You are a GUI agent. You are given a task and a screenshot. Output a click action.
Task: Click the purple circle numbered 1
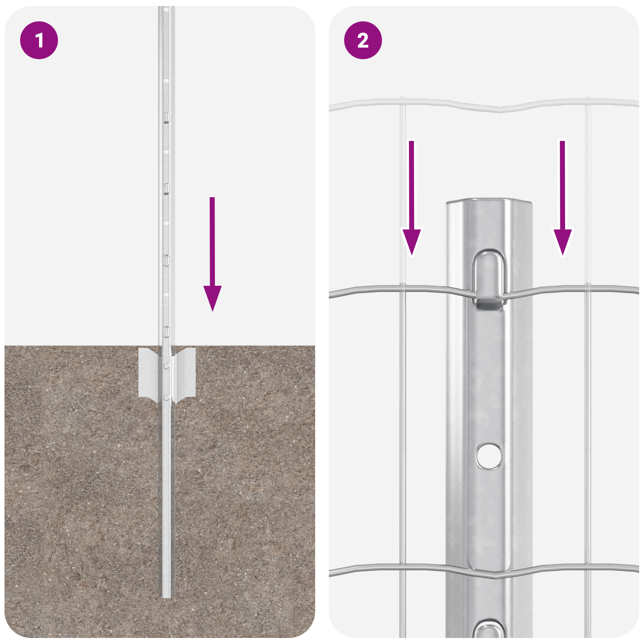(39, 40)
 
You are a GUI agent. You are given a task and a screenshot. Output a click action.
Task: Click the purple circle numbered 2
(363, 40)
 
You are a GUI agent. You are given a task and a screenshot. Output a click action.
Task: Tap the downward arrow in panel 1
(212, 258)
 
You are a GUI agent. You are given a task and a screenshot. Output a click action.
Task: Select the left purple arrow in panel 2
(411, 201)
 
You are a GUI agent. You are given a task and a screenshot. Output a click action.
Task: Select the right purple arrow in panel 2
(562, 201)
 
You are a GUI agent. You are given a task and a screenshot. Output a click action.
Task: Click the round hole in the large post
(489, 456)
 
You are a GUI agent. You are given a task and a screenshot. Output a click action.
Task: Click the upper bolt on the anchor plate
(167, 365)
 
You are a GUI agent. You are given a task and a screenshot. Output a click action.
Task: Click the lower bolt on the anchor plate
(167, 398)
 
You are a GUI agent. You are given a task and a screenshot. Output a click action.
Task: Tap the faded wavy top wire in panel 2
(483, 105)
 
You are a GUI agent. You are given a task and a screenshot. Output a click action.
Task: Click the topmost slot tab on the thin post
(166, 118)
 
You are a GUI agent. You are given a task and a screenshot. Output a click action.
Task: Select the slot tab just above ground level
(166, 332)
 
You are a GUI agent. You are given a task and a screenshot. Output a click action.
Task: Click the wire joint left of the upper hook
(402, 287)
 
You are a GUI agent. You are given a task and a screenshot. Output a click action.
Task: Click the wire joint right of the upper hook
(588, 287)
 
